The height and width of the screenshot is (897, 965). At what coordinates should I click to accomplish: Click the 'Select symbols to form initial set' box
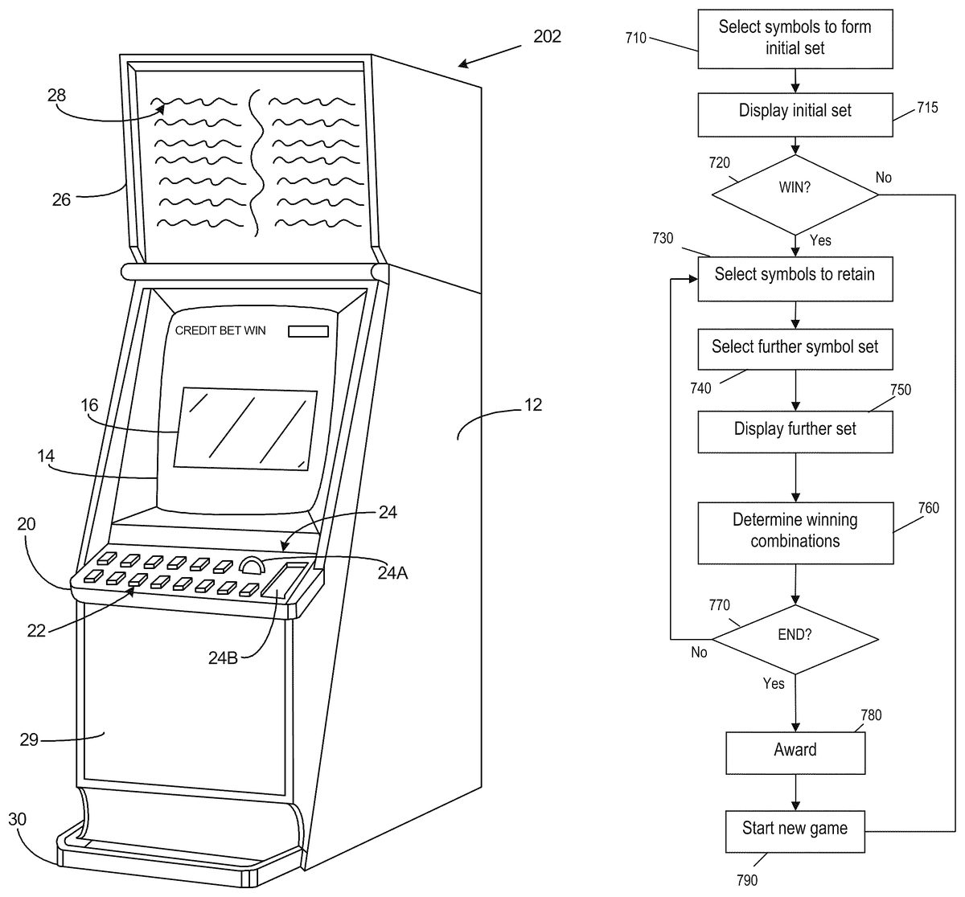pyautogui.click(x=795, y=38)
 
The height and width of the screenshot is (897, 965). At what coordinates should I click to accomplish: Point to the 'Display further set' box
pyautogui.click(x=795, y=431)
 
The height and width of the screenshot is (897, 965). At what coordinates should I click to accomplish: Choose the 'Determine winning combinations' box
pyautogui.click(x=795, y=531)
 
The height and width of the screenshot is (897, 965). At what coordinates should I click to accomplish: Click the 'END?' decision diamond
pyautogui.click(x=795, y=636)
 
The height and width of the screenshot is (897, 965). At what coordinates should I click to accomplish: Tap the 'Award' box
pyautogui.click(x=795, y=752)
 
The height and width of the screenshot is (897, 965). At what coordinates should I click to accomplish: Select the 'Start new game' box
pyautogui.click(x=795, y=830)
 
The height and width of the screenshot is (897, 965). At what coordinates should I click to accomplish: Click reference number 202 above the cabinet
pyautogui.click(x=547, y=36)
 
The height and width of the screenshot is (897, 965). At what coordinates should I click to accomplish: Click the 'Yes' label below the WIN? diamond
pyautogui.click(x=820, y=240)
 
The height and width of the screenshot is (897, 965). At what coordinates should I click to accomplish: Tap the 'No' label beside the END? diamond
pyautogui.click(x=699, y=653)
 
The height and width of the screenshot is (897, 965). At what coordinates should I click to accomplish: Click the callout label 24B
pyautogui.click(x=224, y=657)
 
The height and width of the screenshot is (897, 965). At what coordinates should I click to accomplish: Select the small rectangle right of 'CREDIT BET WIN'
pyautogui.click(x=308, y=331)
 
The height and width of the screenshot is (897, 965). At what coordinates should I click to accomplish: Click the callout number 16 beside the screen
pyautogui.click(x=90, y=405)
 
